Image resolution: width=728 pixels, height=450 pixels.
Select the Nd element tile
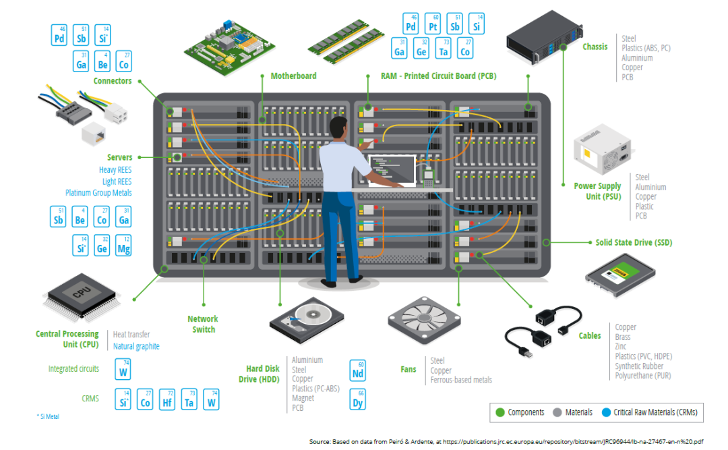pyautogui.click(x=358, y=370)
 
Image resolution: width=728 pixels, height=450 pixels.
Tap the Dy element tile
pyautogui.click(x=358, y=399)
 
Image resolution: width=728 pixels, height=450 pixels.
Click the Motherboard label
pyautogui.click(x=293, y=76)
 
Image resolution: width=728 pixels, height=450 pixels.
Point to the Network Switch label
pyautogui.click(x=203, y=324)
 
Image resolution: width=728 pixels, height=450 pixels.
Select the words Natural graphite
pyautogui.click(x=136, y=346)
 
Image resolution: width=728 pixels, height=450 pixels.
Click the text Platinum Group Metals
pyautogui.click(x=98, y=193)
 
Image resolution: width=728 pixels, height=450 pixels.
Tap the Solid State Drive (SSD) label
pyautogui.click(x=633, y=242)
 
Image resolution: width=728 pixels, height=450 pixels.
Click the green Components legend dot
pyautogui.click(x=499, y=412)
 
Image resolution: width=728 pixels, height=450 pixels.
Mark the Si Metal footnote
pyautogui.click(x=48, y=417)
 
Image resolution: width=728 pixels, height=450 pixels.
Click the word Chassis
pyautogui.click(x=595, y=47)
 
